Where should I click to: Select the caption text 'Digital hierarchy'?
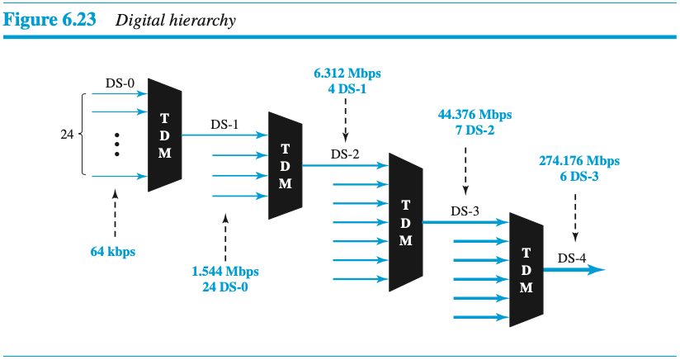pos(176,21)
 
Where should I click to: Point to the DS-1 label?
pos(224,125)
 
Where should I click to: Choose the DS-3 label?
pos(465,211)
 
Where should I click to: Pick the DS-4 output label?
pos(572,258)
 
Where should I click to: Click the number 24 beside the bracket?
pos(68,134)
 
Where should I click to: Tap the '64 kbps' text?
pos(113,251)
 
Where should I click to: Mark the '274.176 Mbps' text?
pos(575,161)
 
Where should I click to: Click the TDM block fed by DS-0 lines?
pos(164,135)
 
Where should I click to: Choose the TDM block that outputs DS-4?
pos(526,269)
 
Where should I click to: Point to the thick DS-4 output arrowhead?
pos(599,269)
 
